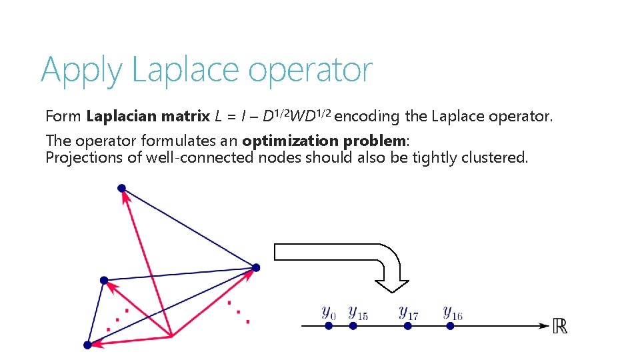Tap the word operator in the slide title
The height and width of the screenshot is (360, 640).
point(311,71)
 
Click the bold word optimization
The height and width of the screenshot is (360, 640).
point(291,141)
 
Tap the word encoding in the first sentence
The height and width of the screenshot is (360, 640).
point(367,117)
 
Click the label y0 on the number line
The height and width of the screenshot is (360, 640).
point(329,312)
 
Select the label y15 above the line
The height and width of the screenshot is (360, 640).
point(357,312)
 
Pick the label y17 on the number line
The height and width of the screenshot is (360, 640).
point(408,312)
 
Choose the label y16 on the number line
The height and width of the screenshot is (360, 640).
point(453,312)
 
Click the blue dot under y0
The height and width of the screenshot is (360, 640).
point(329,326)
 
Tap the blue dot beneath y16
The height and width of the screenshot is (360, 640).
point(451,326)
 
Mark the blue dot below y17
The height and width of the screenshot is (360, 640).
point(404,326)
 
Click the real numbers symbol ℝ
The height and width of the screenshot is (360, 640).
point(560,326)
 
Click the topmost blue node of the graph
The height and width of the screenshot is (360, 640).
point(121,188)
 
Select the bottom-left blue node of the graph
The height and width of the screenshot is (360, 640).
point(87,345)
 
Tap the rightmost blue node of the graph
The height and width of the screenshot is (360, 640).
point(256,267)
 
